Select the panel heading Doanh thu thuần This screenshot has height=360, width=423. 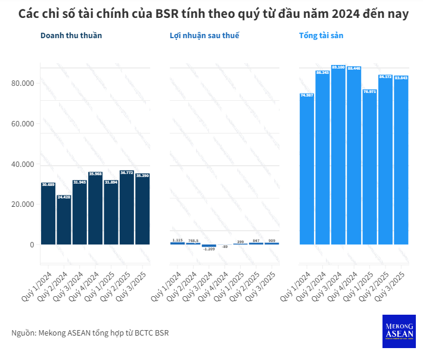[71, 36]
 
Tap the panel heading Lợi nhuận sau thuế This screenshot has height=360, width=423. [204, 36]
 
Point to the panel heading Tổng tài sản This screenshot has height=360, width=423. [321, 36]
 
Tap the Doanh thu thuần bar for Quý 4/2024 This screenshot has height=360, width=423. [95, 209]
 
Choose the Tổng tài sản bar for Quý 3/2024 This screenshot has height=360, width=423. [338, 155]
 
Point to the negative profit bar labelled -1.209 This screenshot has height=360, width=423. [209, 246]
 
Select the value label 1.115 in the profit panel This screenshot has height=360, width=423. [178, 240]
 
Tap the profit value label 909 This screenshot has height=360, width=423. [272, 240]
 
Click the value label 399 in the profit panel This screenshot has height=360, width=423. [240, 241]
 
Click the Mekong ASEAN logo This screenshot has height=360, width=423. [398, 331]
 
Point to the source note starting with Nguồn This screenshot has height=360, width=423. [90, 333]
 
